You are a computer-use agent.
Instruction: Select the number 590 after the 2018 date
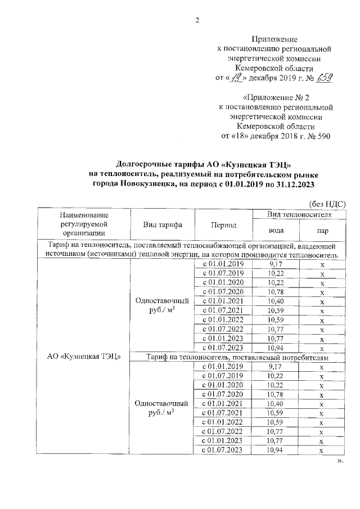tap(322, 136)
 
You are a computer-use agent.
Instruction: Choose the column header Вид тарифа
tap(163, 224)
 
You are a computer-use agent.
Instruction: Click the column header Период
tap(223, 224)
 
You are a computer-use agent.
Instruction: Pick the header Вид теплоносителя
tap(299, 214)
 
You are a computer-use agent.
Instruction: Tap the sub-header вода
tap(276, 230)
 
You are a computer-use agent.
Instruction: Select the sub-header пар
tap(322, 230)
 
